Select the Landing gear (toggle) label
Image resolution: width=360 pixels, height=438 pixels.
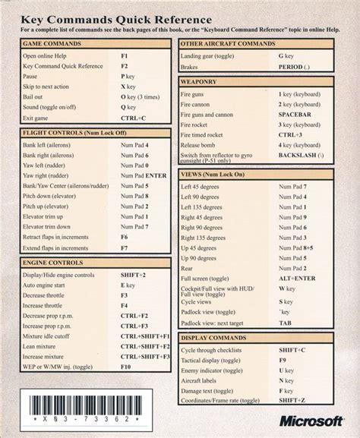pyautogui.click(x=212, y=56)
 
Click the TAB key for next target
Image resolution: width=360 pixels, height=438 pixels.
pyautogui.click(x=285, y=322)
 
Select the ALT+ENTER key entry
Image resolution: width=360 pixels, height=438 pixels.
pyautogui.click(x=296, y=279)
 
